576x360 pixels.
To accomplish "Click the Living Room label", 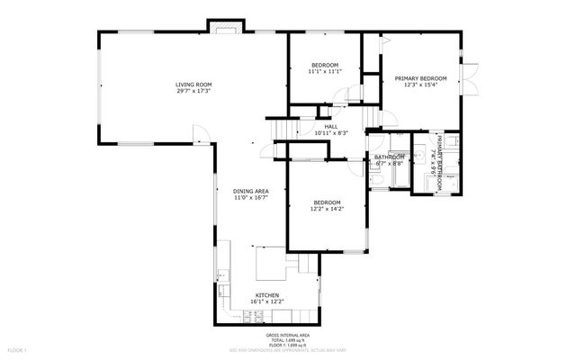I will coord(194,85).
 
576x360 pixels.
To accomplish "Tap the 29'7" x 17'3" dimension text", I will coord(194,92).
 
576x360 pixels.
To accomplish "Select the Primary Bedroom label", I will coord(420,78).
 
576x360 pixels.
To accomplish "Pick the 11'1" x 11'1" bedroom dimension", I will coord(325,72).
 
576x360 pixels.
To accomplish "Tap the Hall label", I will coord(331,126).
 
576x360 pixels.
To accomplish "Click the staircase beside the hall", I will coord(280,131).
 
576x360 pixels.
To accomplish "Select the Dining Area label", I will coord(251,191).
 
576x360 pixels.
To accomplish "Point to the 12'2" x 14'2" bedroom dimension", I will coord(327,209).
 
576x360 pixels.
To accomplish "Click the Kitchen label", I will coord(267,296).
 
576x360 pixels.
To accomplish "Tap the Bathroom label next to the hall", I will coord(390,157).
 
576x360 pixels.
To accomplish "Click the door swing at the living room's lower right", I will coord(206,137).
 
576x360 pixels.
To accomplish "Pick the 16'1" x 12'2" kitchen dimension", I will coord(267,303).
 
